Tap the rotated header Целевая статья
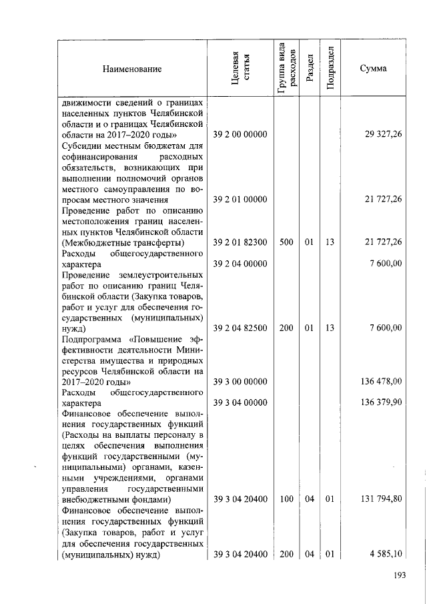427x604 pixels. point(240,69)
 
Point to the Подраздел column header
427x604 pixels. point(330,69)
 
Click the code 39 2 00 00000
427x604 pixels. point(240,135)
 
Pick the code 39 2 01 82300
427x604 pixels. point(240,243)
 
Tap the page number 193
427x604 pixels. point(399,577)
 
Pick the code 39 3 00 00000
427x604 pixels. point(240,382)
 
